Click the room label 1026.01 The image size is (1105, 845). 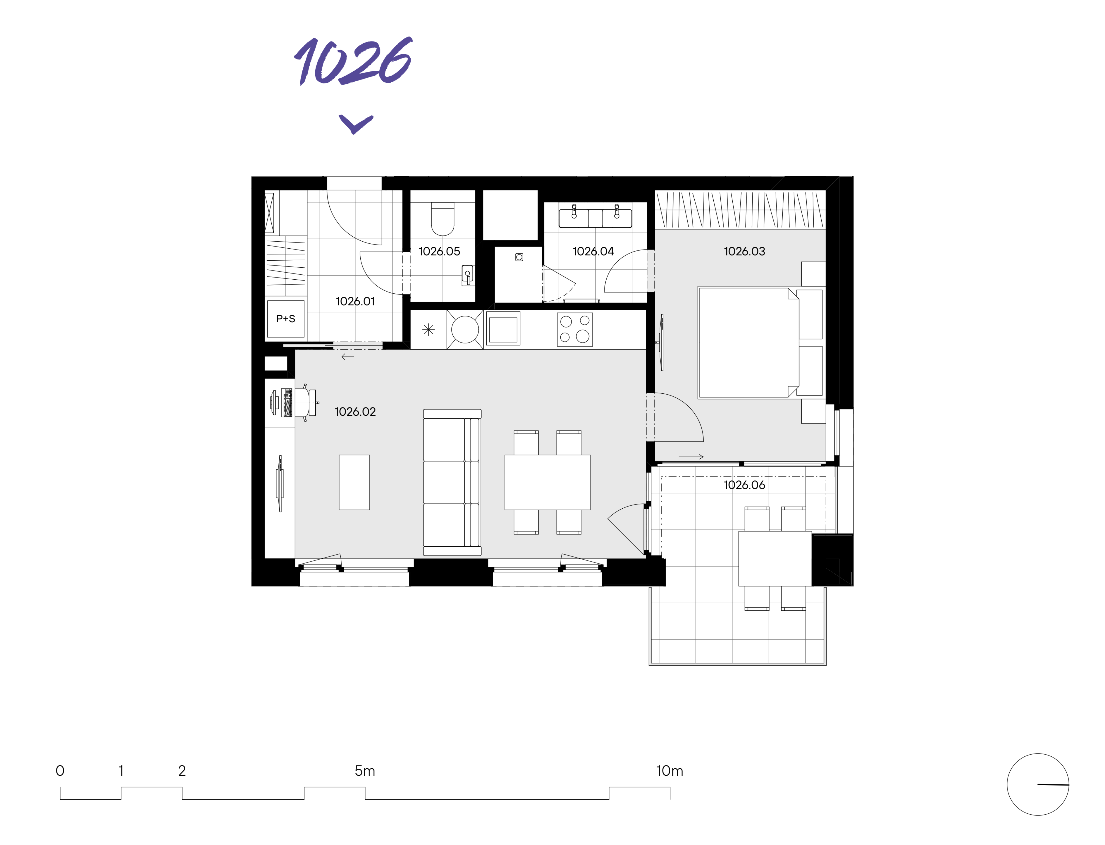(x=355, y=301)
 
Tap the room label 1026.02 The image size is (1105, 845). (x=355, y=411)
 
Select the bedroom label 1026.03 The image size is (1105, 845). (x=744, y=251)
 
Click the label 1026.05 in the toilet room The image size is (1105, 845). (x=439, y=251)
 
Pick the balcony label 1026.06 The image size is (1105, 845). (x=744, y=485)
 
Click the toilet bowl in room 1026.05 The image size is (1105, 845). (x=443, y=219)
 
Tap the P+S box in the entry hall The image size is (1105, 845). (x=286, y=318)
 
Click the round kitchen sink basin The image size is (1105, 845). (x=465, y=329)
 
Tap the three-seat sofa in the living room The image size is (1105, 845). (x=452, y=482)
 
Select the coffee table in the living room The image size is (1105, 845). (x=354, y=482)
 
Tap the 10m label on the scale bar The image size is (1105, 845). (x=669, y=771)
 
